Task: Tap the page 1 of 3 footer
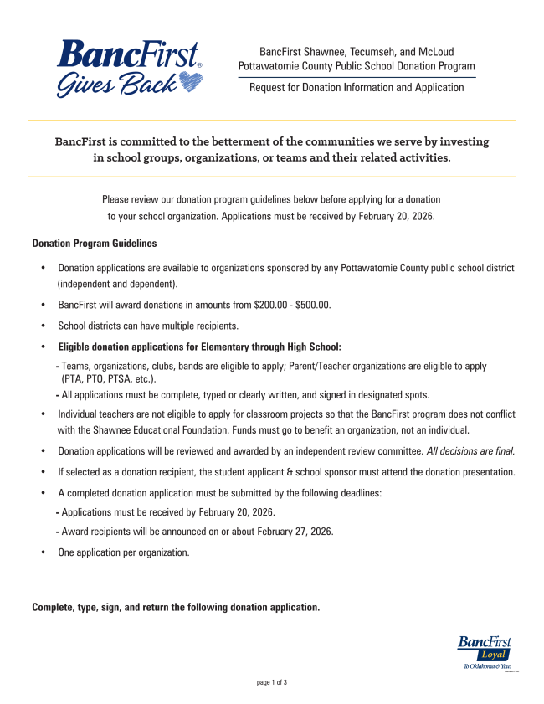point(272,683)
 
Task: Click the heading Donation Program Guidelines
point(94,244)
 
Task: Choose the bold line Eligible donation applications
point(199,347)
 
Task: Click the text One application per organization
point(123,552)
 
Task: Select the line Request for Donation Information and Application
point(357,87)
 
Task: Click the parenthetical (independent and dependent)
point(117,284)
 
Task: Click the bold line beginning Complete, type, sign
point(176,607)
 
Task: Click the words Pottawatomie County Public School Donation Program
point(357,66)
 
